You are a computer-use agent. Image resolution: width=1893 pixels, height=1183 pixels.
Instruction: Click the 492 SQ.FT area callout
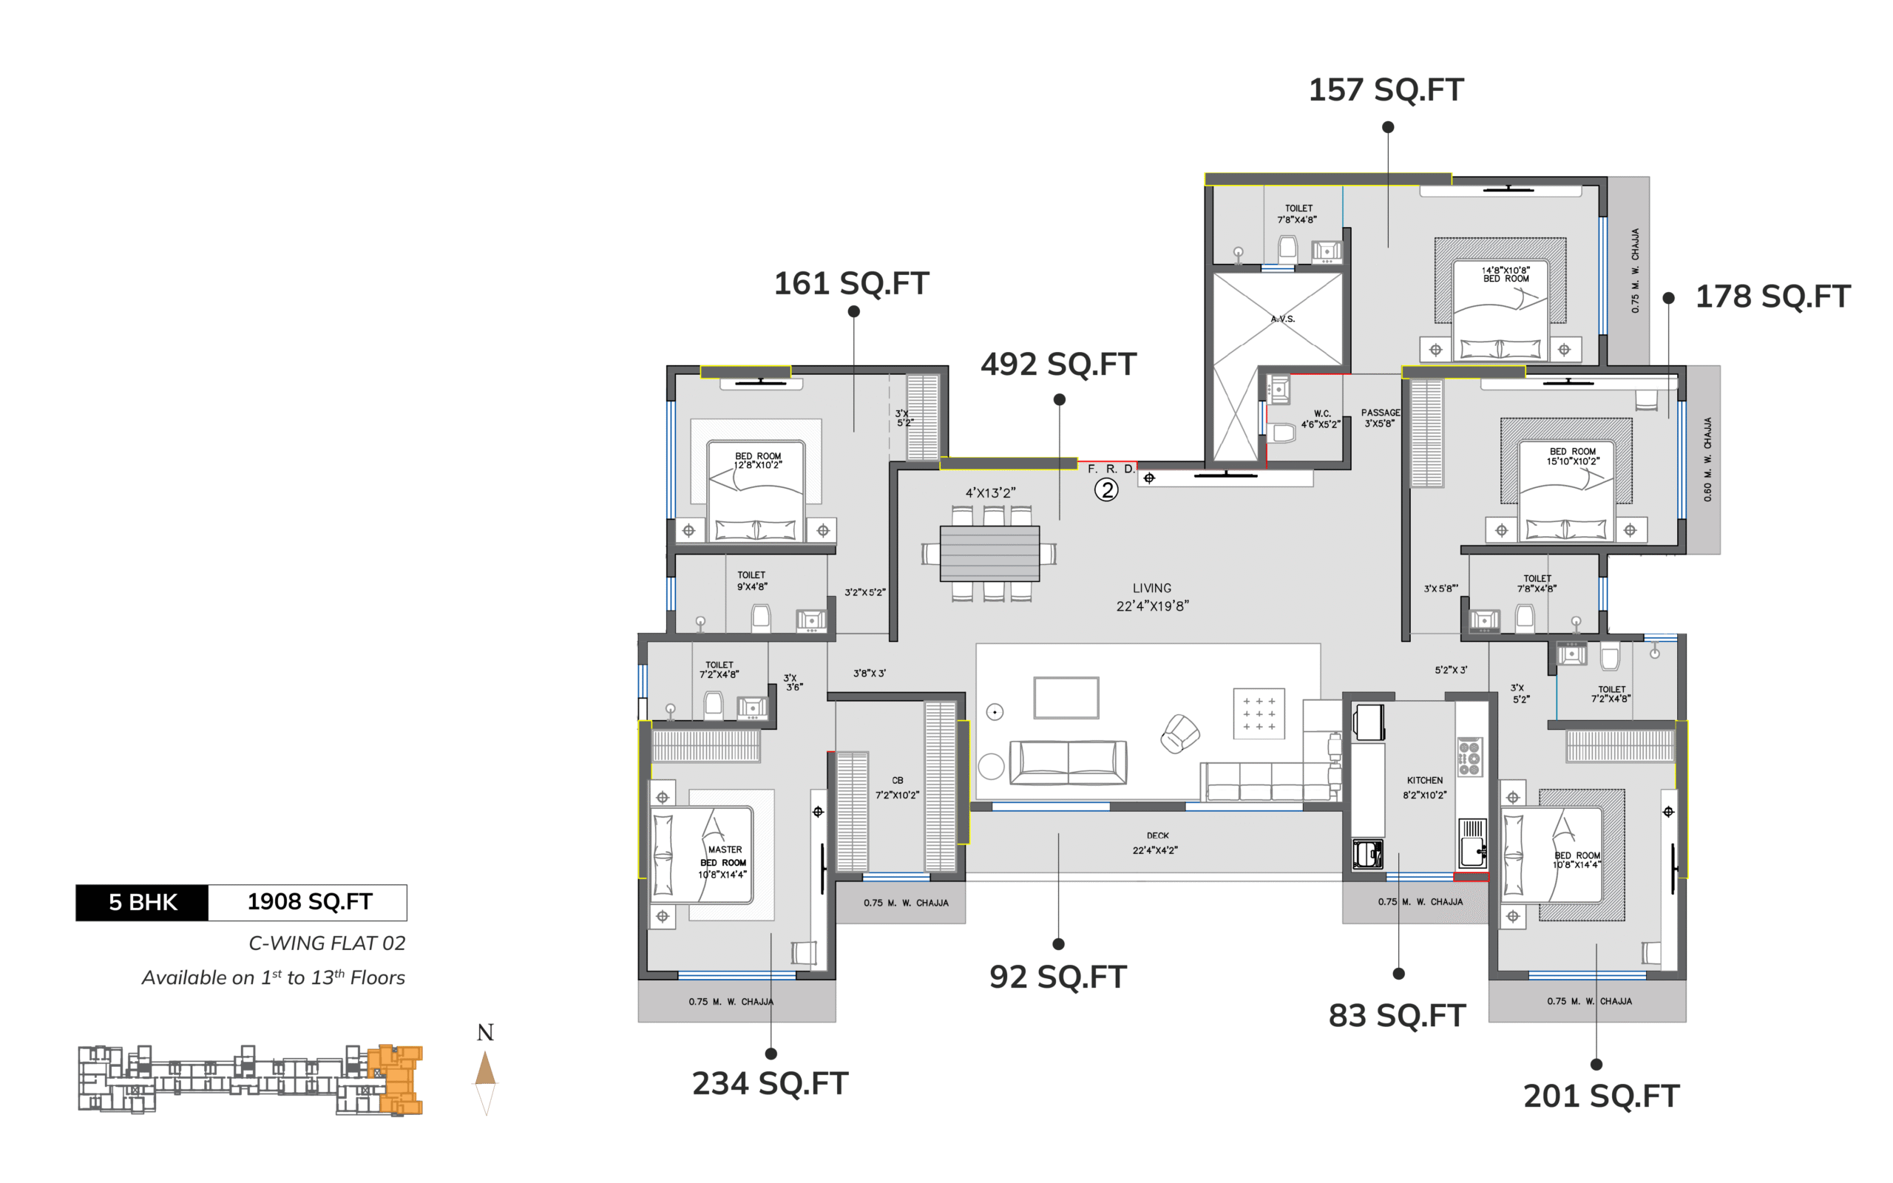pos(1058,365)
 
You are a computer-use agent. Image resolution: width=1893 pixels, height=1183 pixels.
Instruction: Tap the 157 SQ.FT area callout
pos(1386,90)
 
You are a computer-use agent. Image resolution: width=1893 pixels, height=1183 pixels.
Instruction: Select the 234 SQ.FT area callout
pos(771,1084)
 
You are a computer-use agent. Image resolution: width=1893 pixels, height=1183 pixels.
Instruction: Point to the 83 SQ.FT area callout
pos(1397,1016)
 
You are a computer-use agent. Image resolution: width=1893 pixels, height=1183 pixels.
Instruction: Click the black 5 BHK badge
pos(143,903)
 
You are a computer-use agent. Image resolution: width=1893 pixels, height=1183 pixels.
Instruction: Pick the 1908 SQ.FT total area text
pos(310,902)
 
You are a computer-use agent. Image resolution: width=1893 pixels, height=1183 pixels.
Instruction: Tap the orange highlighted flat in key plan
pos(396,1079)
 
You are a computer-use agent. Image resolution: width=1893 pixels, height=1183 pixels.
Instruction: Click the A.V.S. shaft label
pos(1283,319)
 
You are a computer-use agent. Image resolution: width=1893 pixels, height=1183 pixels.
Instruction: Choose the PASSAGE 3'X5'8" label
pos(1381,418)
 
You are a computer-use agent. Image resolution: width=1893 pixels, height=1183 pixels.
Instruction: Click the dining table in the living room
pos(989,554)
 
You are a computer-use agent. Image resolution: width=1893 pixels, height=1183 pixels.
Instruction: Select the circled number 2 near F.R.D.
pos(1106,490)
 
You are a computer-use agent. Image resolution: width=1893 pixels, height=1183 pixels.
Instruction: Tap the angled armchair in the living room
pos(1179,733)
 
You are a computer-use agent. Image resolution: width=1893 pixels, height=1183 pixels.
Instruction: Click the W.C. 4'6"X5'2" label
pos(1321,418)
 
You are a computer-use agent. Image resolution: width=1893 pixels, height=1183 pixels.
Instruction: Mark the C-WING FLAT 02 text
pos(327,943)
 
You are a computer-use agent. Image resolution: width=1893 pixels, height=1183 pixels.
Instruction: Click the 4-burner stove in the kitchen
pos(1469,756)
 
